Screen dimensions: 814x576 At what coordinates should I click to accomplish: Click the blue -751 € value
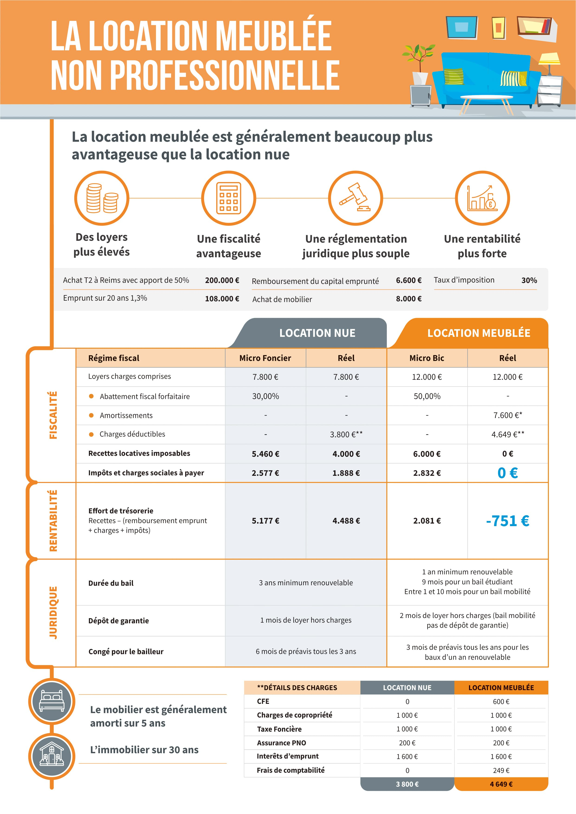[508, 521]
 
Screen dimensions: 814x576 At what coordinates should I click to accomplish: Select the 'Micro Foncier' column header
[265, 358]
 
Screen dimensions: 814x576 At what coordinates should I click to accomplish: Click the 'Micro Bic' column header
[427, 358]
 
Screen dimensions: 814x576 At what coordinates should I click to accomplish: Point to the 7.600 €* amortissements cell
[508, 415]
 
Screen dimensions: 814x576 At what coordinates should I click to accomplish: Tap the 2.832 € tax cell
[427, 473]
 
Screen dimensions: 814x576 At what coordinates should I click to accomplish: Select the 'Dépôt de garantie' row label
[118, 621]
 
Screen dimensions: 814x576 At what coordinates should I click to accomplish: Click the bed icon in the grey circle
[52, 701]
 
